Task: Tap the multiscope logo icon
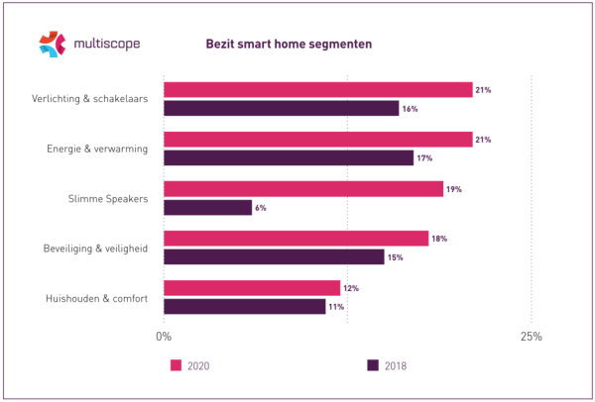coord(52,44)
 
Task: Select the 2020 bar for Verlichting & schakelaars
coord(317,90)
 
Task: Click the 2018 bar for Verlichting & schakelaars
coord(281,108)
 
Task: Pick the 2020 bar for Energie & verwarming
coord(317,140)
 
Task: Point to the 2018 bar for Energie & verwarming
coord(288,157)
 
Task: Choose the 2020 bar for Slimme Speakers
coord(302,189)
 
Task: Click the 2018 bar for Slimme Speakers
coord(207,207)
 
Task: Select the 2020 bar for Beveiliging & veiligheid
coord(296,239)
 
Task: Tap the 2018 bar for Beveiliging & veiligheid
coord(274,256)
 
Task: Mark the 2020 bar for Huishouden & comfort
coord(251,288)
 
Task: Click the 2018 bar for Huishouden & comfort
coord(244,306)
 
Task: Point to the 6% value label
coord(261,208)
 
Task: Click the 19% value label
coord(454,189)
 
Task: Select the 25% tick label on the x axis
coord(531,337)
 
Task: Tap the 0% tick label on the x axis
coord(164,337)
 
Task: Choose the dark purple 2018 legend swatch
coord(373,364)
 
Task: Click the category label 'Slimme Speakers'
coord(111,198)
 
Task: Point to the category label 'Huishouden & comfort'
coord(97,297)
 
